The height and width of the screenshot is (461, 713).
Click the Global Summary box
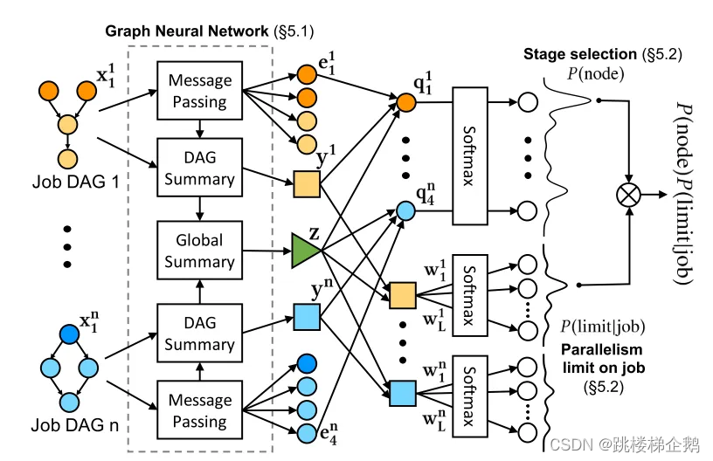pyautogui.click(x=199, y=251)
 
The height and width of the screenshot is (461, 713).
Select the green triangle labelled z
pyautogui.click(x=305, y=251)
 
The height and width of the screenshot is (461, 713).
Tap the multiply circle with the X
pyautogui.click(x=628, y=195)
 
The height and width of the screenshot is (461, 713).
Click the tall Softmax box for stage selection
pyautogui.click(x=470, y=156)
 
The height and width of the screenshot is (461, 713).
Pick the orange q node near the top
pyautogui.click(x=406, y=103)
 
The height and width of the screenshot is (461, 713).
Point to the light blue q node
pyautogui.click(x=405, y=211)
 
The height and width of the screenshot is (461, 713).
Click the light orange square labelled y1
pyautogui.click(x=307, y=184)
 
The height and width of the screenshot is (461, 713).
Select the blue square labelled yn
pyautogui.click(x=307, y=317)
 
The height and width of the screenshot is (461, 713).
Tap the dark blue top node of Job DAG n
pyautogui.click(x=69, y=334)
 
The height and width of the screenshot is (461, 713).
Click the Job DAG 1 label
pyautogui.click(x=75, y=182)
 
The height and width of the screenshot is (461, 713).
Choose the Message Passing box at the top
pyautogui.click(x=199, y=91)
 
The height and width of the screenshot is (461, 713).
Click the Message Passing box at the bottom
pyautogui.click(x=199, y=410)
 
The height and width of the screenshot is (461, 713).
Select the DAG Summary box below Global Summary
pyautogui.click(x=199, y=333)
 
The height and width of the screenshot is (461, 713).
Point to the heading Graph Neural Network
pyautogui.click(x=186, y=31)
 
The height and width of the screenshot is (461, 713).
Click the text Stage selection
pyautogui.click(x=580, y=54)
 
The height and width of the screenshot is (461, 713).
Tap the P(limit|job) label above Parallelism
pyautogui.click(x=603, y=327)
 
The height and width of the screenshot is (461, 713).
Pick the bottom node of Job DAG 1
pyautogui.click(x=68, y=160)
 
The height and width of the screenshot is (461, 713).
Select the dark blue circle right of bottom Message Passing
pyautogui.click(x=307, y=363)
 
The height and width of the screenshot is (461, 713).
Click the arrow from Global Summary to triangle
pyautogui.click(x=267, y=251)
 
